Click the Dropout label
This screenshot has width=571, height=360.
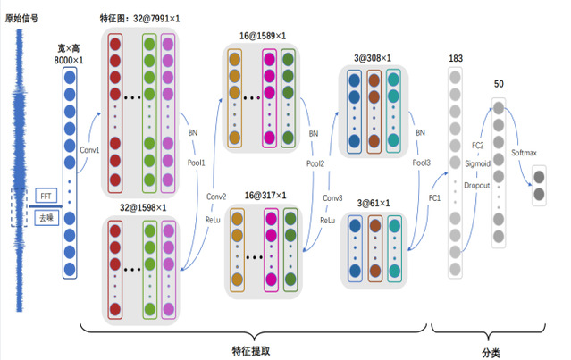475,186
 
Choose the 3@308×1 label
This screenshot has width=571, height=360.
373,58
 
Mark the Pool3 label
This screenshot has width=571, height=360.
422,164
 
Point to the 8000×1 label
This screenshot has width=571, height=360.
70,56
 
